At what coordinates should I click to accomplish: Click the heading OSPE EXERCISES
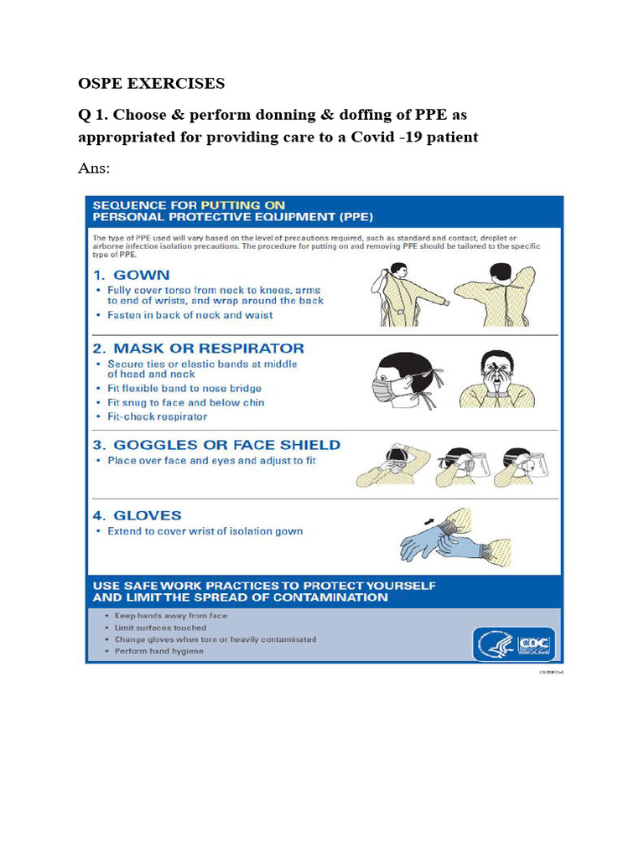(x=151, y=84)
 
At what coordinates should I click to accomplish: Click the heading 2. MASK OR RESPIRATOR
(x=198, y=348)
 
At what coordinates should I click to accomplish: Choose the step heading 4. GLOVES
(x=137, y=515)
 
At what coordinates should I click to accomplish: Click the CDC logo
(x=534, y=643)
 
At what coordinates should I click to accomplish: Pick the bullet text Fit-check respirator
(x=158, y=416)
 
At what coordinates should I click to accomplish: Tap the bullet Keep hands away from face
(x=171, y=616)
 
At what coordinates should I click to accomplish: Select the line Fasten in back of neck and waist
(x=190, y=315)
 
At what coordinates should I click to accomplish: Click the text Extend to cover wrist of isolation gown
(x=205, y=531)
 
